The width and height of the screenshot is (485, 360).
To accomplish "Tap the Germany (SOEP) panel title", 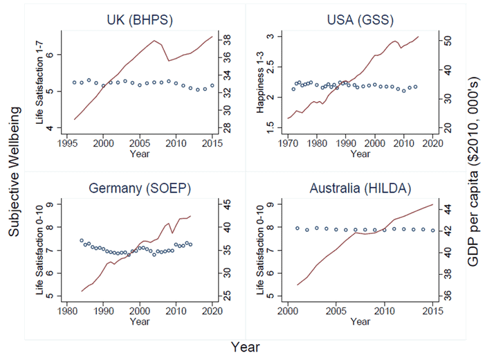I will click(x=140, y=190).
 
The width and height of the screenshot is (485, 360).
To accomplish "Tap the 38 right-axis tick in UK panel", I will click(x=227, y=41).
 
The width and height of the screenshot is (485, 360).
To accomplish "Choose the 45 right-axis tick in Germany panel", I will click(x=227, y=204).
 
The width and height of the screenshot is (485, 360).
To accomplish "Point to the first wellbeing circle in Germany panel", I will click(x=82, y=241).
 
